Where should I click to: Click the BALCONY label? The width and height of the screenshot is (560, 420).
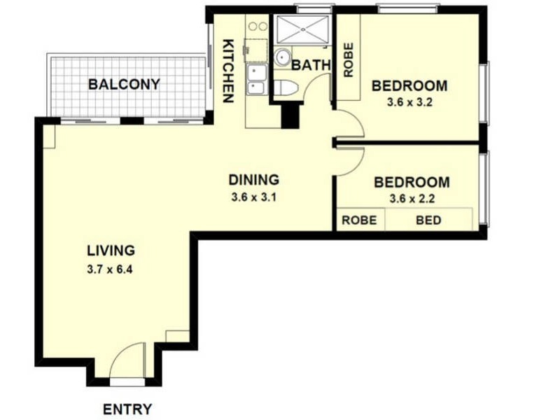coord(124,85)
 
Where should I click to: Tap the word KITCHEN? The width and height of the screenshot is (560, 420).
coord(228,71)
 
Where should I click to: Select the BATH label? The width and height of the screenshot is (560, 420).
coord(311,65)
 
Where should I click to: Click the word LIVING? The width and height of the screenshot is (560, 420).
coord(111,250)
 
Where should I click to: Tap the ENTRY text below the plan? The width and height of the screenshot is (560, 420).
coord(127,409)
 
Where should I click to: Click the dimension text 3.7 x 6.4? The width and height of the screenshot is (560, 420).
coord(111,268)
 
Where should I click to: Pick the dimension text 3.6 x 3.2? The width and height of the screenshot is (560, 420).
coord(409,103)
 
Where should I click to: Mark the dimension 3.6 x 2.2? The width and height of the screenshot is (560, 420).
coord(412,199)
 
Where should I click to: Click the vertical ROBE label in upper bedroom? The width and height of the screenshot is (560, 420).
coord(348,60)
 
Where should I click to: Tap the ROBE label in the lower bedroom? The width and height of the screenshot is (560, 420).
coord(359,220)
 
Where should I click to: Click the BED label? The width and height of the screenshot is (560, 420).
coord(428,220)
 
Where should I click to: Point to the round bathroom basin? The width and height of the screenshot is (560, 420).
coord(282,57)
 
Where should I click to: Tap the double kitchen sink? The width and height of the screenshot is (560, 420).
coord(255,78)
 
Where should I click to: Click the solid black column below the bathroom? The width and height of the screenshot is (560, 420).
coord(289,116)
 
